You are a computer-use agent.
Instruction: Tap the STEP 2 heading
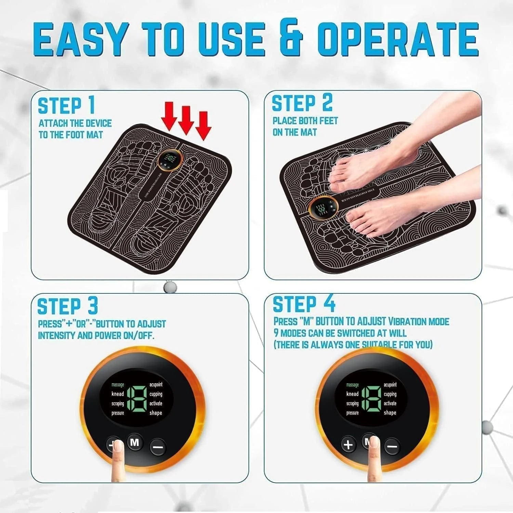[302, 103]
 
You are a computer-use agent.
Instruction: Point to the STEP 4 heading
[304, 304]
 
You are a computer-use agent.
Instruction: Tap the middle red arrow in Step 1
[186, 120]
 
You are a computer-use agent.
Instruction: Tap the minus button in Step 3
[158, 446]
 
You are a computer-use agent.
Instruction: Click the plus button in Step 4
[348, 445]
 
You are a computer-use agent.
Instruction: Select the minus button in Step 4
[392, 446]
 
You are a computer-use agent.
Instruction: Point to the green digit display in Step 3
[137, 399]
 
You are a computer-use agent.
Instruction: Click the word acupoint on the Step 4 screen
[390, 385]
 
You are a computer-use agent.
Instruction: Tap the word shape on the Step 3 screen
[156, 413]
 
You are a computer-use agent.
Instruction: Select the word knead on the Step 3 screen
[118, 394]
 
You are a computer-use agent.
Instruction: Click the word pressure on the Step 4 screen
[352, 413]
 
